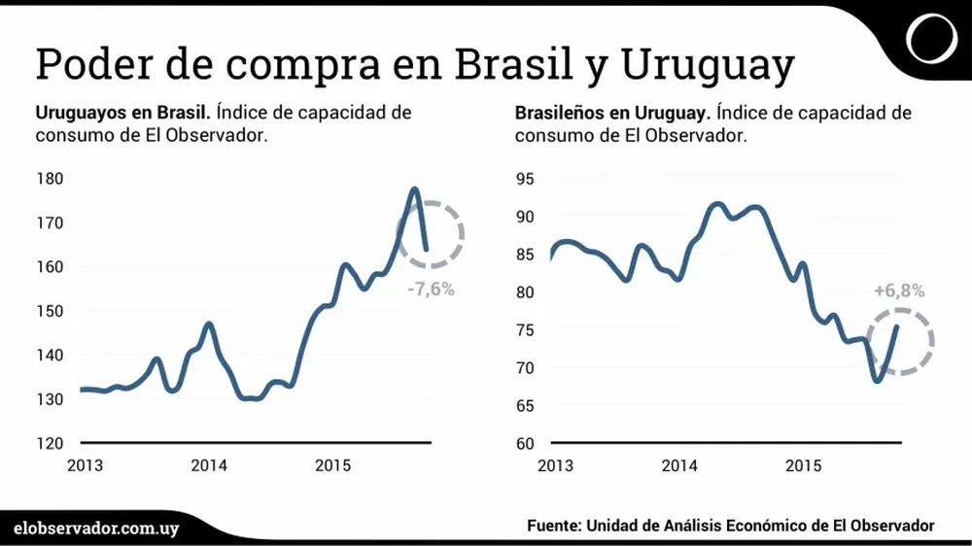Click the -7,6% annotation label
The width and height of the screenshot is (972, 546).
pos(431,289)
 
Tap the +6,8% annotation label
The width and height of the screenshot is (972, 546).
pos(898,290)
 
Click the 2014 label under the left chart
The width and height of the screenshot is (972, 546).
pos(209,465)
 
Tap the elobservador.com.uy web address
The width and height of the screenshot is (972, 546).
pos(97,526)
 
